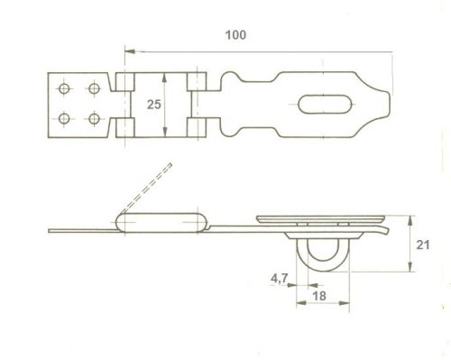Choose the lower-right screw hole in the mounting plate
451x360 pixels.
tap(93, 118)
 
